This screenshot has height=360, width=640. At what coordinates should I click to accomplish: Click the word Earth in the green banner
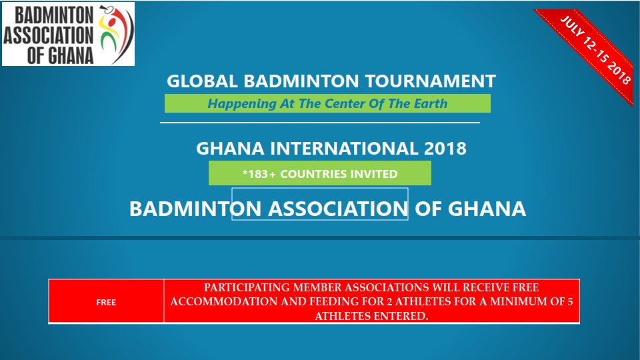click(x=430, y=104)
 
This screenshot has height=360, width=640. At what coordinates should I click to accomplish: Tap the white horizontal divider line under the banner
click(x=320, y=123)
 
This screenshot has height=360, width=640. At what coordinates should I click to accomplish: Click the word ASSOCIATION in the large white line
click(x=338, y=209)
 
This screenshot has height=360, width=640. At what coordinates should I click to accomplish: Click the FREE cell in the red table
click(x=106, y=303)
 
